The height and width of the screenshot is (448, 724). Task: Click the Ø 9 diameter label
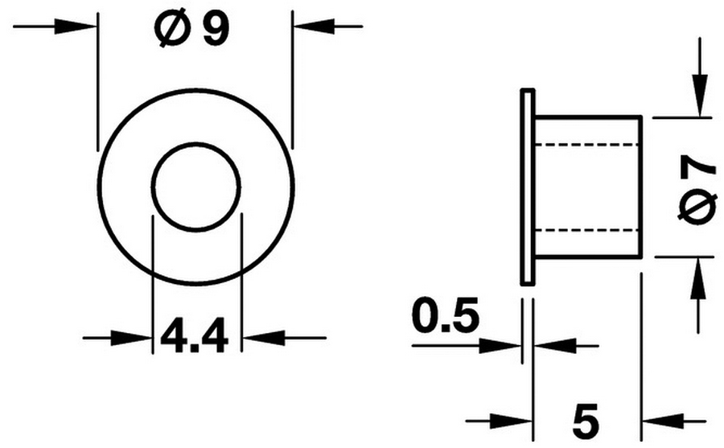(x=192, y=30)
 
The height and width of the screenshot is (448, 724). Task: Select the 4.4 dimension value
(x=195, y=335)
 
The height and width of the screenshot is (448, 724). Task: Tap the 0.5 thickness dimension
(x=446, y=316)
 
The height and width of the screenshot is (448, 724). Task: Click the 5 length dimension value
(x=586, y=421)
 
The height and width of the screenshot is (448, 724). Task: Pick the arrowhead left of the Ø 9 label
(x=76, y=27)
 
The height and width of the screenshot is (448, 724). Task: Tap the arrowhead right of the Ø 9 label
(x=314, y=27)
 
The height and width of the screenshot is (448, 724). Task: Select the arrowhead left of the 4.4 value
(x=132, y=338)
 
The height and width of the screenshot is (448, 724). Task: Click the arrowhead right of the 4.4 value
(x=263, y=338)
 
